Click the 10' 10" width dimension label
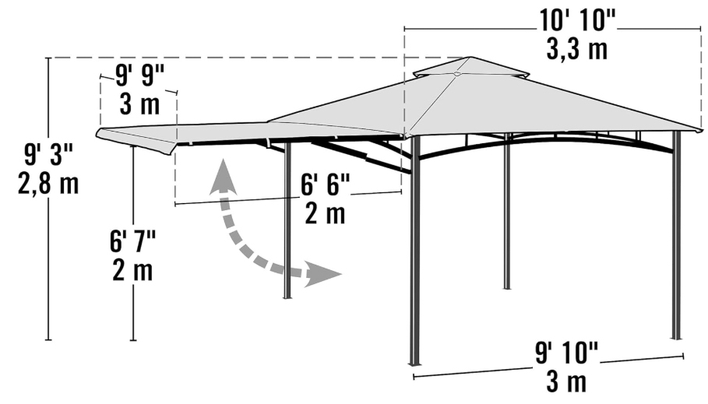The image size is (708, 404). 577,20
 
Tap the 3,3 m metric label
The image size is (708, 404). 576,49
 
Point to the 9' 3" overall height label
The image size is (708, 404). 49,153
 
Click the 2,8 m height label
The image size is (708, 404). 48,184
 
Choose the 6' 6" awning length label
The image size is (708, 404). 326,184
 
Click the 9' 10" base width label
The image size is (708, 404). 567,352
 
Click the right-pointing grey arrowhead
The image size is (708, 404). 323,274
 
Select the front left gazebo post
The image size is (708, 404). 414,250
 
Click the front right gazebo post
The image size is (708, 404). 676,235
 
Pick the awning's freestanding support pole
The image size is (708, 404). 287,220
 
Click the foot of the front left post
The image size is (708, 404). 414,363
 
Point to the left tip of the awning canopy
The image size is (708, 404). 97,132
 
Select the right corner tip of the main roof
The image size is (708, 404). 701,131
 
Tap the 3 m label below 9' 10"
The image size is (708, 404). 567,382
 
